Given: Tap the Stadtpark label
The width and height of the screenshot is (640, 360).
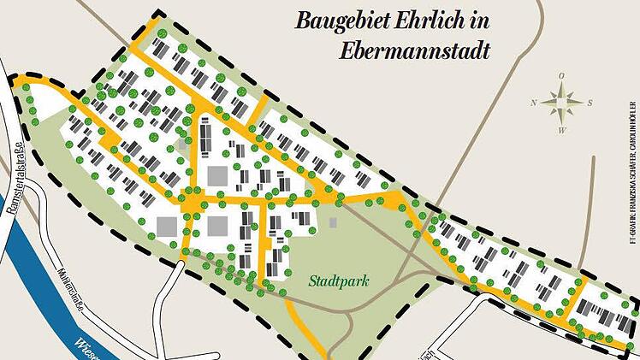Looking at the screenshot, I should [335, 279].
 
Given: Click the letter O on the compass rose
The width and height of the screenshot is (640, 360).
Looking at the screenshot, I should [561, 76].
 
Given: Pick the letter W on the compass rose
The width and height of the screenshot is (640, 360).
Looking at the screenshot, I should [561, 130].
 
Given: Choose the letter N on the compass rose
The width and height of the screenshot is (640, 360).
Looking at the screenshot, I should [533, 103].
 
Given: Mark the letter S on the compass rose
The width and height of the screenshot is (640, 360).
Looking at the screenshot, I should [590, 103].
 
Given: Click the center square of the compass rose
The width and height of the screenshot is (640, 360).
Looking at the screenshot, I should [561, 103].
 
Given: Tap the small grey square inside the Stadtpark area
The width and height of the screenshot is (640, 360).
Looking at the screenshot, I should [333, 223].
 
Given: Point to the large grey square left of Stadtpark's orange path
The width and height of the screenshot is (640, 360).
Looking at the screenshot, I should [217, 227].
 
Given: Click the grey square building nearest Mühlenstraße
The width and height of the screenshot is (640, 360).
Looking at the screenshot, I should [166, 227].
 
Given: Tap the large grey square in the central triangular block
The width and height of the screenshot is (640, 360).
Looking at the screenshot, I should [218, 176].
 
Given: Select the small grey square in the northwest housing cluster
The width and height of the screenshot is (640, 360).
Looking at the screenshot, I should [183, 145].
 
